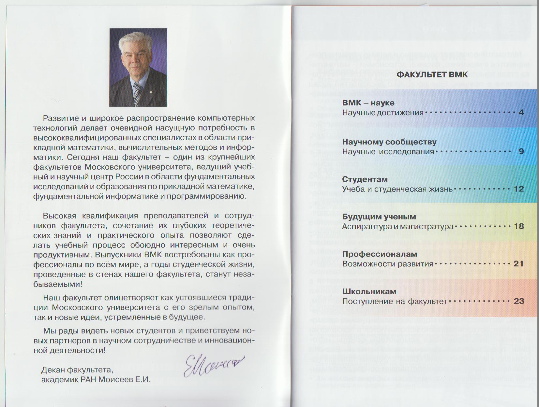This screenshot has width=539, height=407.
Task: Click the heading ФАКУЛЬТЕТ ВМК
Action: (x=432, y=75)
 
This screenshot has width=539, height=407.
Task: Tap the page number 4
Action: (x=521, y=113)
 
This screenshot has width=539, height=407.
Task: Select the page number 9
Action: (x=521, y=151)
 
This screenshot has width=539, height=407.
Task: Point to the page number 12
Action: (x=519, y=189)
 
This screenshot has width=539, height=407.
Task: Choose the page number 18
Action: (x=519, y=226)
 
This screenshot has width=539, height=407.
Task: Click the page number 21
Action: (x=518, y=264)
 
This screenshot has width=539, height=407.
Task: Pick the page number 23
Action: (x=519, y=301)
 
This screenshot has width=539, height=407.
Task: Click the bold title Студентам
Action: (x=365, y=179)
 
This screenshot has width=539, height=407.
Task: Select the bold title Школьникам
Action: (x=369, y=292)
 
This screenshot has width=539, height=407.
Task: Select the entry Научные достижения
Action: (x=383, y=113)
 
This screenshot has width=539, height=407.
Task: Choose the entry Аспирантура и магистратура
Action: (x=397, y=226)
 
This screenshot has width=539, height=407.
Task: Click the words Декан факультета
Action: (x=77, y=370)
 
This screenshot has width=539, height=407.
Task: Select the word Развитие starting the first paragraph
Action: (x=59, y=118)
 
